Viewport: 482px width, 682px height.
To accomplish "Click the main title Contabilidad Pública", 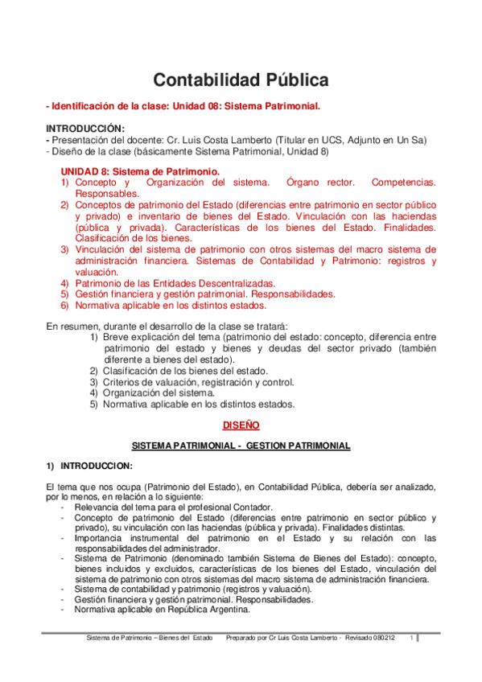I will [x=241, y=80].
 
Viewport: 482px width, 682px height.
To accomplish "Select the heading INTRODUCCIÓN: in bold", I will [x=85, y=128].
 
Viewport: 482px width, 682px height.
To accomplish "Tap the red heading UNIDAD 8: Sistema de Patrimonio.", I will [x=140, y=171].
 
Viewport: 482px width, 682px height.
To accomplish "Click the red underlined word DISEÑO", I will [x=241, y=424].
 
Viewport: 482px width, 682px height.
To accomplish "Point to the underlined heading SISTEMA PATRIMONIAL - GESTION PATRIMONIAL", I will [x=241, y=445].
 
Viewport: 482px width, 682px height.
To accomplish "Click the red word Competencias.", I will [x=404, y=183].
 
